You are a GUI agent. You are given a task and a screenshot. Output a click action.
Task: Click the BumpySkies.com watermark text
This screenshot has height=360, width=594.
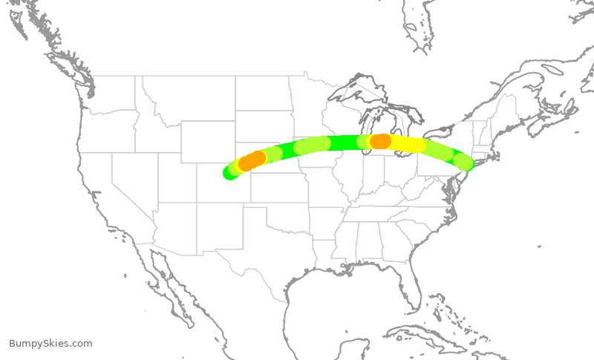(x=50, y=344)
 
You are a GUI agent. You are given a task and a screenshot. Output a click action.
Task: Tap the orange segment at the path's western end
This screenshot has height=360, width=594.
(x=252, y=161)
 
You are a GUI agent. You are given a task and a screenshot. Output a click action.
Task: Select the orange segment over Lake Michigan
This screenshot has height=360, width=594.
(x=380, y=141)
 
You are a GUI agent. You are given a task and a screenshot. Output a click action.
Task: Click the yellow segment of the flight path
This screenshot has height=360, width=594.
(x=407, y=144)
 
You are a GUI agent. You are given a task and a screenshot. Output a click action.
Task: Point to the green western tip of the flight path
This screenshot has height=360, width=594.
(x=229, y=173)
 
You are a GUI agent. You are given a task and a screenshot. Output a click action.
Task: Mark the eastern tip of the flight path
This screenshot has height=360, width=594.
(x=466, y=163)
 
